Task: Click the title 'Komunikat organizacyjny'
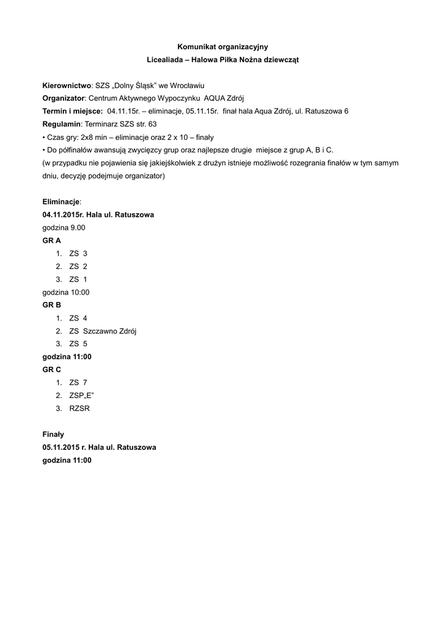pos(222,46)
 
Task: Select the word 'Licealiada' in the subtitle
pos(167,59)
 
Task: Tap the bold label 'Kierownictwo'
pos(67,85)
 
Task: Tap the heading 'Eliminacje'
pos(61,202)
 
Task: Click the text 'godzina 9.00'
pos(64,227)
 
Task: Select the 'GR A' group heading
pos(52,240)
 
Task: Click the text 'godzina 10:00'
pos(66,292)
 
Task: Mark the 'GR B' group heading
pos(52,305)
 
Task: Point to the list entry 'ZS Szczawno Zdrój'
pos(102,331)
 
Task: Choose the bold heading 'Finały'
pos(53,434)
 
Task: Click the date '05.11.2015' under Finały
pos(60,447)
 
